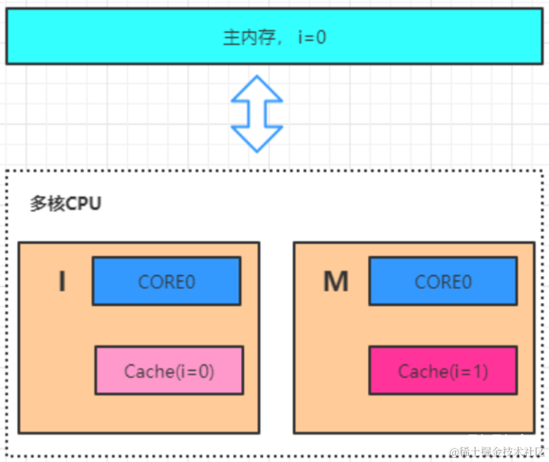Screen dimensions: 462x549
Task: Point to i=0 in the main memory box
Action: click(312, 38)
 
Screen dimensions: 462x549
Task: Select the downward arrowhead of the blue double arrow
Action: click(257, 139)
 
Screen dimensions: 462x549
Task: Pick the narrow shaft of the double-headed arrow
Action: click(257, 114)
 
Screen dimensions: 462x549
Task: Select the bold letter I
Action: click(62, 282)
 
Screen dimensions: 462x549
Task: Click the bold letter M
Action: click(336, 282)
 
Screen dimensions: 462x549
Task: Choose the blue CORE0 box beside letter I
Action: click(166, 281)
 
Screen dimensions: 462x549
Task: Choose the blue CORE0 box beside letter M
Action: click(443, 281)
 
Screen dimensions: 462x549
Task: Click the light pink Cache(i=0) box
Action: click(169, 371)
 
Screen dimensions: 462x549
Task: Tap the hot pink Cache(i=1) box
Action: click(443, 371)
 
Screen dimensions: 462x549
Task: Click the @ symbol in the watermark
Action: click(454, 451)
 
